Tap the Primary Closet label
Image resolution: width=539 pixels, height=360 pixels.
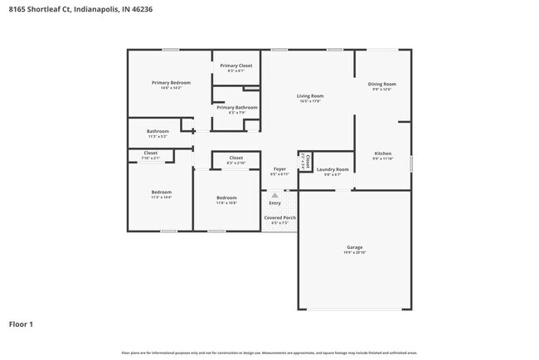pyautogui.click(x=236, y=66)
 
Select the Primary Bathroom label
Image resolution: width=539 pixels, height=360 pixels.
pyautogui.click(x=236, y=107)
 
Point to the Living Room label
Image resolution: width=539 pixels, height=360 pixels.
pyautogui.click(x=310, y=96)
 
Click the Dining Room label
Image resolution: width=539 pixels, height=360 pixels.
pyautogui.click(x=382, y=84)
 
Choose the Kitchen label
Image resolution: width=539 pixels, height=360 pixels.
pyautogui.click(x=382, y=153)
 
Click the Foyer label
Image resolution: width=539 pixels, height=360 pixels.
pyautogui.click(x=279, y=169)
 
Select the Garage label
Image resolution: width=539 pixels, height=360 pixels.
pyautogui.click(x=355, y=247)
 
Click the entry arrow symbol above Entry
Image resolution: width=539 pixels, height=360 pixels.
pyautogui.click(x=274, y=196)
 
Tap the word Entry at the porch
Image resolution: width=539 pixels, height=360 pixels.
pyautogui.click(x=274, y=203)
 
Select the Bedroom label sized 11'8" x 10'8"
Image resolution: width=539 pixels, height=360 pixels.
pyautogui.click(x=226, y=197)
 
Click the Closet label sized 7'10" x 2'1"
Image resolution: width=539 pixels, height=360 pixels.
pyautogui.click(x=150, y=153)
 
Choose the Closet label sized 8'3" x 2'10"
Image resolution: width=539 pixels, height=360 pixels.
pyautogui.click(x=236, y=158)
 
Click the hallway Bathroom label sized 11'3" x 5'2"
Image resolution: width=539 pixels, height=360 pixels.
pyautogui.click(x=158, y=130)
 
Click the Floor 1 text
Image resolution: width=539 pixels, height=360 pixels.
pyautogui.click(x=21, y=324)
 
